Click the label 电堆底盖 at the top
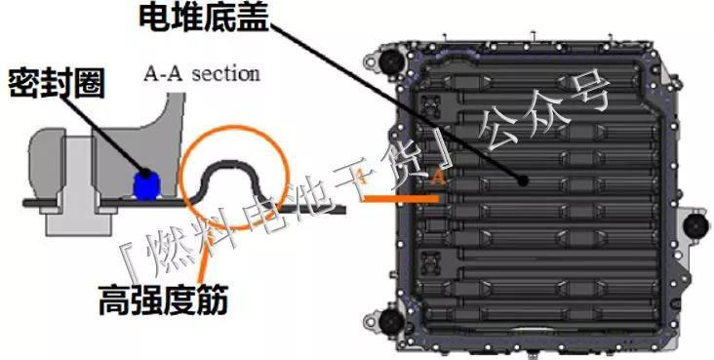[205, 18]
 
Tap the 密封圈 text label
[57, 83]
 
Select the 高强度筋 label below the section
[163, 300]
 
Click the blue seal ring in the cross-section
[145, 185]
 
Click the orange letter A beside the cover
[439, 177]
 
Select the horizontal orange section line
[401, 199]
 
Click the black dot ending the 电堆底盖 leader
[523, 180]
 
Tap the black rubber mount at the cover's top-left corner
[391, 59]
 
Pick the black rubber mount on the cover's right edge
[696, 224]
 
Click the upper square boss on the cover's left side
[430, 106]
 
